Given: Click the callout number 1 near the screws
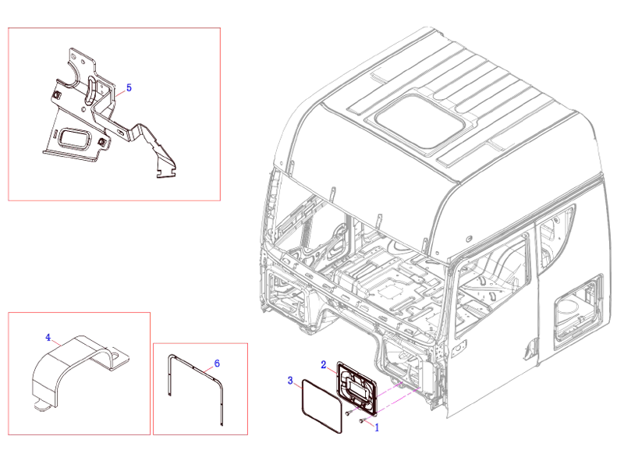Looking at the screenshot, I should tap(378, 427).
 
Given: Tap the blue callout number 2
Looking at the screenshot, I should tap(323, 364).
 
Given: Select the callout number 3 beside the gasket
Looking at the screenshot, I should tap(290, 381).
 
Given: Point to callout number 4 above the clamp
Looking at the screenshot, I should tap(48, 338).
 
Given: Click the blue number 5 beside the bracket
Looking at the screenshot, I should tap(129, 88).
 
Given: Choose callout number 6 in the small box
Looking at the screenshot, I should tap(217, 363).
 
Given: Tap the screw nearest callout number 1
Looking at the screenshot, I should tap(363, 421).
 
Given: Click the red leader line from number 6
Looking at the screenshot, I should tap(209, 367).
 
